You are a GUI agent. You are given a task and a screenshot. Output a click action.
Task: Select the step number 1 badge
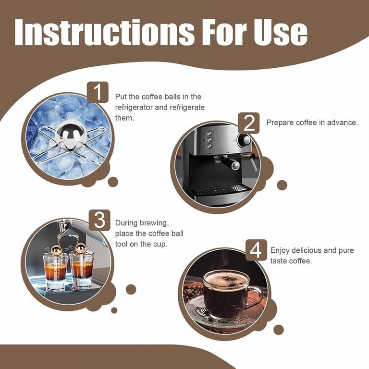(x=98, y=92)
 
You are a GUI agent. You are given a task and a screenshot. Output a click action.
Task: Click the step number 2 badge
(x=249, y=123)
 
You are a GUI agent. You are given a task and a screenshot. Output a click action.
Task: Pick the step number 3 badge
(x=99, y=220)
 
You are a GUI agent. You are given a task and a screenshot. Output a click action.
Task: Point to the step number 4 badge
(x=256, y=250)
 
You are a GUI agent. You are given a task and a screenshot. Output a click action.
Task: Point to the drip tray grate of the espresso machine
(x=220, y=189)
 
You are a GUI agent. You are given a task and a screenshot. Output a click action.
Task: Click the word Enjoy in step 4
(x=280, y=251)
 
